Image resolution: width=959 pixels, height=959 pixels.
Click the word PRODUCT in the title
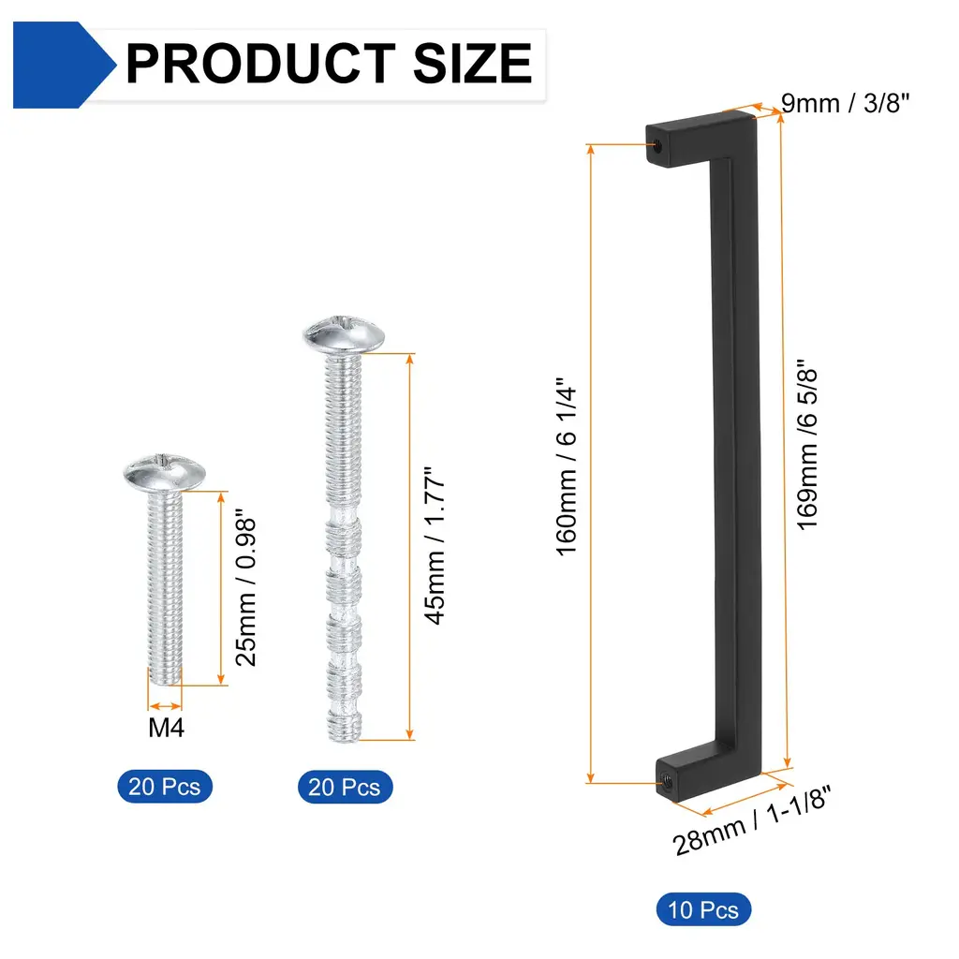point(260,63)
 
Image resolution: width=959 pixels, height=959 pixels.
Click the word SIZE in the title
point(473,63)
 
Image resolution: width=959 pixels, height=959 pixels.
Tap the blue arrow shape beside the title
point(65,65)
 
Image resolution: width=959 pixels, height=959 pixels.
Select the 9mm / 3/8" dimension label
point(846,103)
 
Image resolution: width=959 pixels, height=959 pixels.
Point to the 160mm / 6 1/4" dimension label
point(567,466)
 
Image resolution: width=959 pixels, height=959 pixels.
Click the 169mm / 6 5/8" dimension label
point(807,445)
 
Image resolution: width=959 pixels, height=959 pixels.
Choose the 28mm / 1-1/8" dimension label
point(752,820)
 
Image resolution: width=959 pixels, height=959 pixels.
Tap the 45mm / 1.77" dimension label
point(435,546)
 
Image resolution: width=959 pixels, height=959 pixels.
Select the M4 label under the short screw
point(166,728)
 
